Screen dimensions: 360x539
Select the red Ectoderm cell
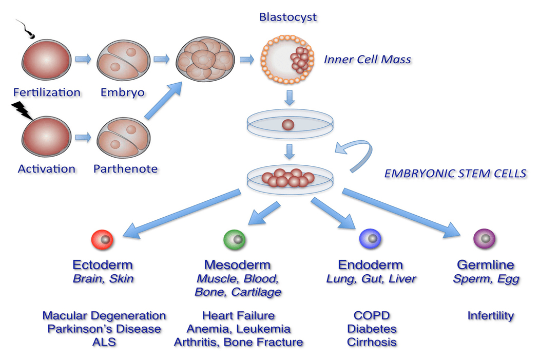pos(102,239)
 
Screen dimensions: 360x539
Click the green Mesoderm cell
pos(236,239)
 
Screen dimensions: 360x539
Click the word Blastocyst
pos(288,17)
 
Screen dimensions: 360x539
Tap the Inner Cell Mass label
pos(367,60)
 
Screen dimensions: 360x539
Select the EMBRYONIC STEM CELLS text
pos(455,174)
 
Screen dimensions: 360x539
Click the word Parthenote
pos(125,168)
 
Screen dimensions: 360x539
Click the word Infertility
pos(490,315)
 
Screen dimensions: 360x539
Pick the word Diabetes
pos(372,329)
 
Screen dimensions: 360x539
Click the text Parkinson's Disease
pos(104,329)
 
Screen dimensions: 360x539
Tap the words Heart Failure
pos(238,315)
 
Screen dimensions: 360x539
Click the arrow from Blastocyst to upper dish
pos(290,97)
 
